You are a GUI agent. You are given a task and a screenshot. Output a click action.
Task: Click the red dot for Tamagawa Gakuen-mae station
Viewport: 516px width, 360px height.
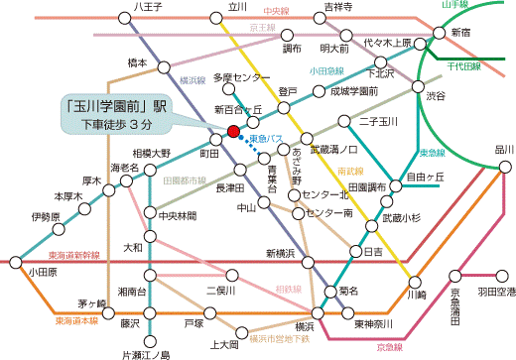tap(233, 131)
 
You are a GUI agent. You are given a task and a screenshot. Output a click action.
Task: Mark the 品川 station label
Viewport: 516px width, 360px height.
tap(477, 149)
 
